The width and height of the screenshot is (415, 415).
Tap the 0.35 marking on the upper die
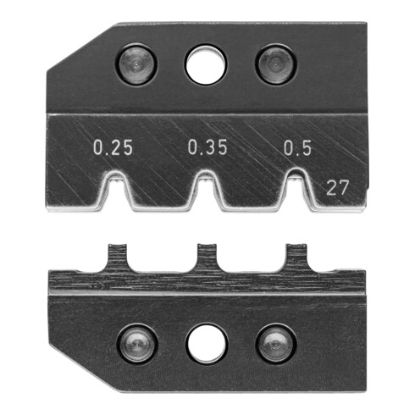(x=207, y=149)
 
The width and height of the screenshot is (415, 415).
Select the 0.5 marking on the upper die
(x=296, y=149)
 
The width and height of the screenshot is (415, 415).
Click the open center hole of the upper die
(x=206, y=65)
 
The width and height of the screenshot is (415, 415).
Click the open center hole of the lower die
(x=206, y=342)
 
